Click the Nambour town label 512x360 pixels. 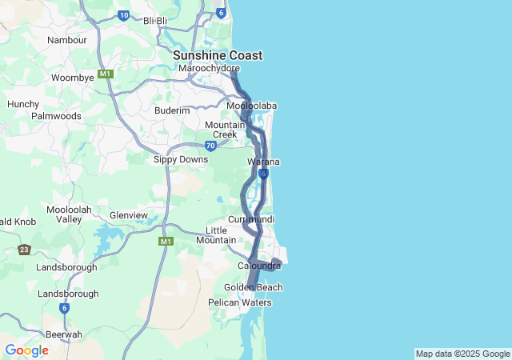pyautogui.click(x=67, y=40)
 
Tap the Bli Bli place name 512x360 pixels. pyautogui.click(x=155, y=21)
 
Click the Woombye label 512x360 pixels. pyautogui.click(x=73, y=78)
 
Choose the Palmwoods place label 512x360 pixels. pyautogui.click(x=56, y=116)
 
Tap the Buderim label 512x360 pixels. pyautogui.click(x=172, y=110)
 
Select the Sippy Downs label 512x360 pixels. pyautogui.click(x=181, y=159)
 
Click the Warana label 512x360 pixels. pyautogui.click(x=263, y=162)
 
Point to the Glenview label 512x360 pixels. pyautogui.click(x=129, y=215)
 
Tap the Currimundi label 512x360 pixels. pyautogui.click(x=251, y=219)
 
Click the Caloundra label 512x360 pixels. pyautogui.click(x=259, y=266)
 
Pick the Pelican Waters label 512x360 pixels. pyautogui.click(x=240, y=302)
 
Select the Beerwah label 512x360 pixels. pyautogui.click(x=64, y=334)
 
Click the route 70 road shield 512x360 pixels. pyautogui.click(x=210, y=146)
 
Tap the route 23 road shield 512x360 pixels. pyautogui.click(x=24, y=250)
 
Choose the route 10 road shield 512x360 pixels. pyautogui.click(x=123, y=14)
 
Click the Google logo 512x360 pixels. pyautogui.click(x=26, y=350)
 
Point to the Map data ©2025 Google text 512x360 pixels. pyautogui.click(x=462, y=354)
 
